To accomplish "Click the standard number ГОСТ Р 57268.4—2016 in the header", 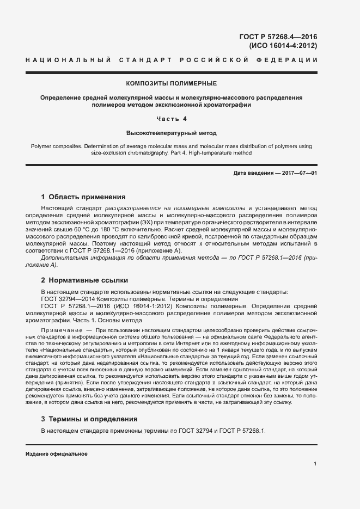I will coord(278,37).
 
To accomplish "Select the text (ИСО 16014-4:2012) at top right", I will coord(283,46).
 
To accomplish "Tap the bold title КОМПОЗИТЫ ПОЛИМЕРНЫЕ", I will coord(172,83).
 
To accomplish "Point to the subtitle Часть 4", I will coord(172,119).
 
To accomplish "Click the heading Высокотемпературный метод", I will coord(172,133).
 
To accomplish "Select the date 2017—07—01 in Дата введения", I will coord(299,173).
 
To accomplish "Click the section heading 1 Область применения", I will coord(83,197).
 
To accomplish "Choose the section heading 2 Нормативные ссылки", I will coord(84,280).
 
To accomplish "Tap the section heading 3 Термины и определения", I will coord(89,419).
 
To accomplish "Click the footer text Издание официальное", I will coord(57,453).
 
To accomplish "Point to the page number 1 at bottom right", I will coord(315,463).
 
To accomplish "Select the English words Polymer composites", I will coord(56,146).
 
